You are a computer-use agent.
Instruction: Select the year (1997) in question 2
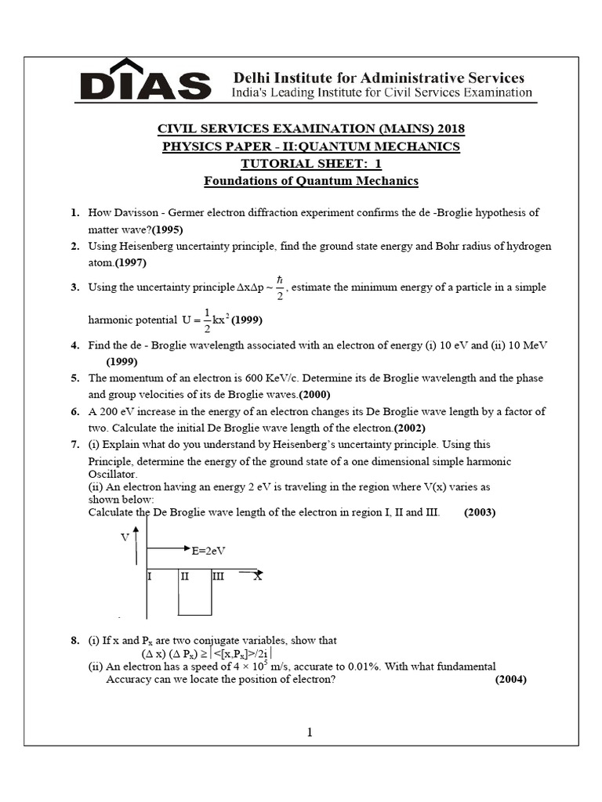pos(131,262)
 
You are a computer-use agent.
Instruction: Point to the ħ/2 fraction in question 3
pos(278,287)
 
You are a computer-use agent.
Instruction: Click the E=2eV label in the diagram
pos(209,551)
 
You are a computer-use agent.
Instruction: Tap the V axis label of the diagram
pos(125,537)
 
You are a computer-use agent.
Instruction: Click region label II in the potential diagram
pos(185,576)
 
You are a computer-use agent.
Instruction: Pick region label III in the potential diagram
pos(218,576)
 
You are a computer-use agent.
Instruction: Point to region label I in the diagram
pos(150,576)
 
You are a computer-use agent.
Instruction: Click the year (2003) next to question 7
pos(480,512)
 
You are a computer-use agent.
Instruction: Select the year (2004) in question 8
pos(510,679)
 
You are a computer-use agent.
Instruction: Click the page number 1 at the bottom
pos(310,732)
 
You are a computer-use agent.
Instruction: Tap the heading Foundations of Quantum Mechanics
pos(311,181)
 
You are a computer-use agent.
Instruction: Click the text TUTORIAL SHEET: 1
pos(310,164)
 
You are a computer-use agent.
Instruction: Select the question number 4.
pos(74,345)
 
